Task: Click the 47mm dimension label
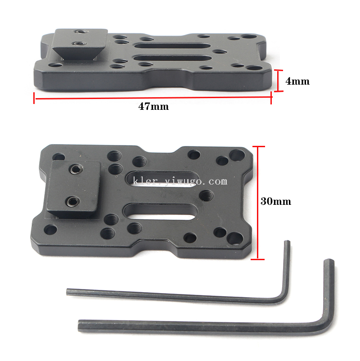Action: click(153, 106)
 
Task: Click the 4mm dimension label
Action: click(297, 81)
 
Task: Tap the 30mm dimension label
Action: click(276, 202)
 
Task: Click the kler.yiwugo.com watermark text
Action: click(180, 181)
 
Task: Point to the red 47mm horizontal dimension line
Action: click(153, 98)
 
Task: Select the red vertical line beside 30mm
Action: click(258, 203)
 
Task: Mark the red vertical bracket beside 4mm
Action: click(278, 81)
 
